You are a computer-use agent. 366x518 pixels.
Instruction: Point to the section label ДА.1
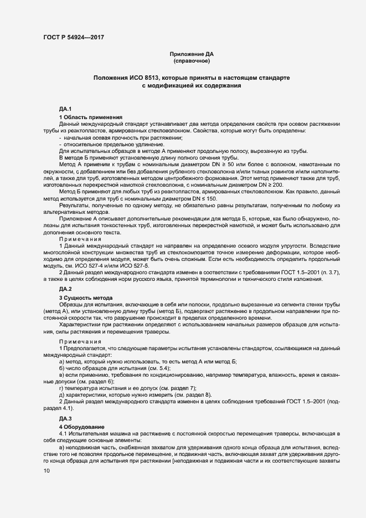[66, 109]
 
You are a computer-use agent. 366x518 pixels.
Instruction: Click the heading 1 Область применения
[90, 117]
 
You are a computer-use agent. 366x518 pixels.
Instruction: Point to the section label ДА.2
[66, 289]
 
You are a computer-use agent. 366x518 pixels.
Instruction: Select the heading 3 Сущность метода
[86, 298]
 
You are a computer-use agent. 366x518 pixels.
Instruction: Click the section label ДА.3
[66, 418]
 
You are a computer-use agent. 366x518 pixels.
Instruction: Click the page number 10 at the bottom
[47, 471]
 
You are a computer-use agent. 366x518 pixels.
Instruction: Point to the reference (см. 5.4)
[158, 368]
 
